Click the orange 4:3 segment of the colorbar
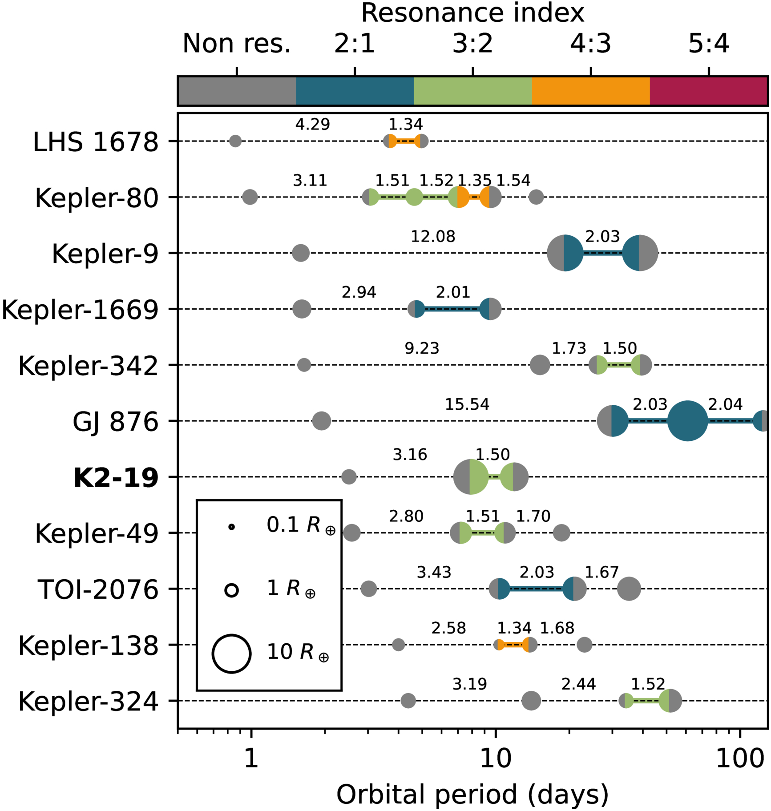point(590,91)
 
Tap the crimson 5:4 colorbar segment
point(708,91)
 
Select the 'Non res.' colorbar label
point(236,44)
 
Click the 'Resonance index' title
point(472,13)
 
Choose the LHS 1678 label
point(96,142)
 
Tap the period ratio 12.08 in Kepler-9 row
point(433,236)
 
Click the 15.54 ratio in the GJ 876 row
point(467,404)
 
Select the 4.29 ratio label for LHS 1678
point(312,125)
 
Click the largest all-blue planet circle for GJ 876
point(687,421)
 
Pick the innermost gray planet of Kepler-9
point(301,253)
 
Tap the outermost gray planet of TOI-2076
point(629,589)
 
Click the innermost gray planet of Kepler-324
point(408,701)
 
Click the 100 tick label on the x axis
point(739,759)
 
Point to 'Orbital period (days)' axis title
point(472,794)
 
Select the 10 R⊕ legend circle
point(231,654)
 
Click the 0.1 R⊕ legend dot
point(231,527)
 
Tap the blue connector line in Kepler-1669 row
point(452,309)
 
